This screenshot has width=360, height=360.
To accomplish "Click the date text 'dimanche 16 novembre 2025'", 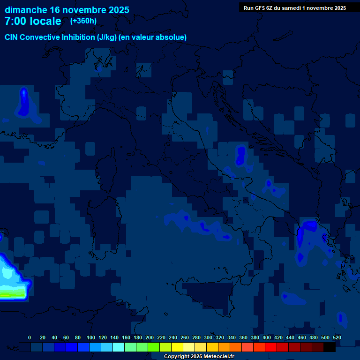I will (67, 10).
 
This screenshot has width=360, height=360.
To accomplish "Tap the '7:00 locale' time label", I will (33, 21).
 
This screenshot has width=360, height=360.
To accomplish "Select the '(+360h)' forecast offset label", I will (83, 21).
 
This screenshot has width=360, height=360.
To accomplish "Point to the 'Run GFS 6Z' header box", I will (295, 7).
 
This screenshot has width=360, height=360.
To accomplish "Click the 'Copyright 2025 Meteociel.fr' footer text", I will (199, 356).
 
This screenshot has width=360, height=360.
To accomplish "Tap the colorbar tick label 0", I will (30, 337).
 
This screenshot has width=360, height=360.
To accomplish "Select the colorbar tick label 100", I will (91, 337).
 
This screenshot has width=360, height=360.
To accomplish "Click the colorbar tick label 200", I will (150, 337).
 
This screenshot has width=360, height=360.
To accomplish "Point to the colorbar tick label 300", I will (208, 337).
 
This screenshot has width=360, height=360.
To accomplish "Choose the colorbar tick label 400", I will (267, 337).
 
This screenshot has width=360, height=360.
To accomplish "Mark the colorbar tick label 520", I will (337, 337).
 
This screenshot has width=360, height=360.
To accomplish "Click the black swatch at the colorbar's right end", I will (330, 347).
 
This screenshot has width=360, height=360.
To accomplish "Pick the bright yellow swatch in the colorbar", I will (177, 347).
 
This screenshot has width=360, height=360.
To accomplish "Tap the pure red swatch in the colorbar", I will (271, 347).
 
